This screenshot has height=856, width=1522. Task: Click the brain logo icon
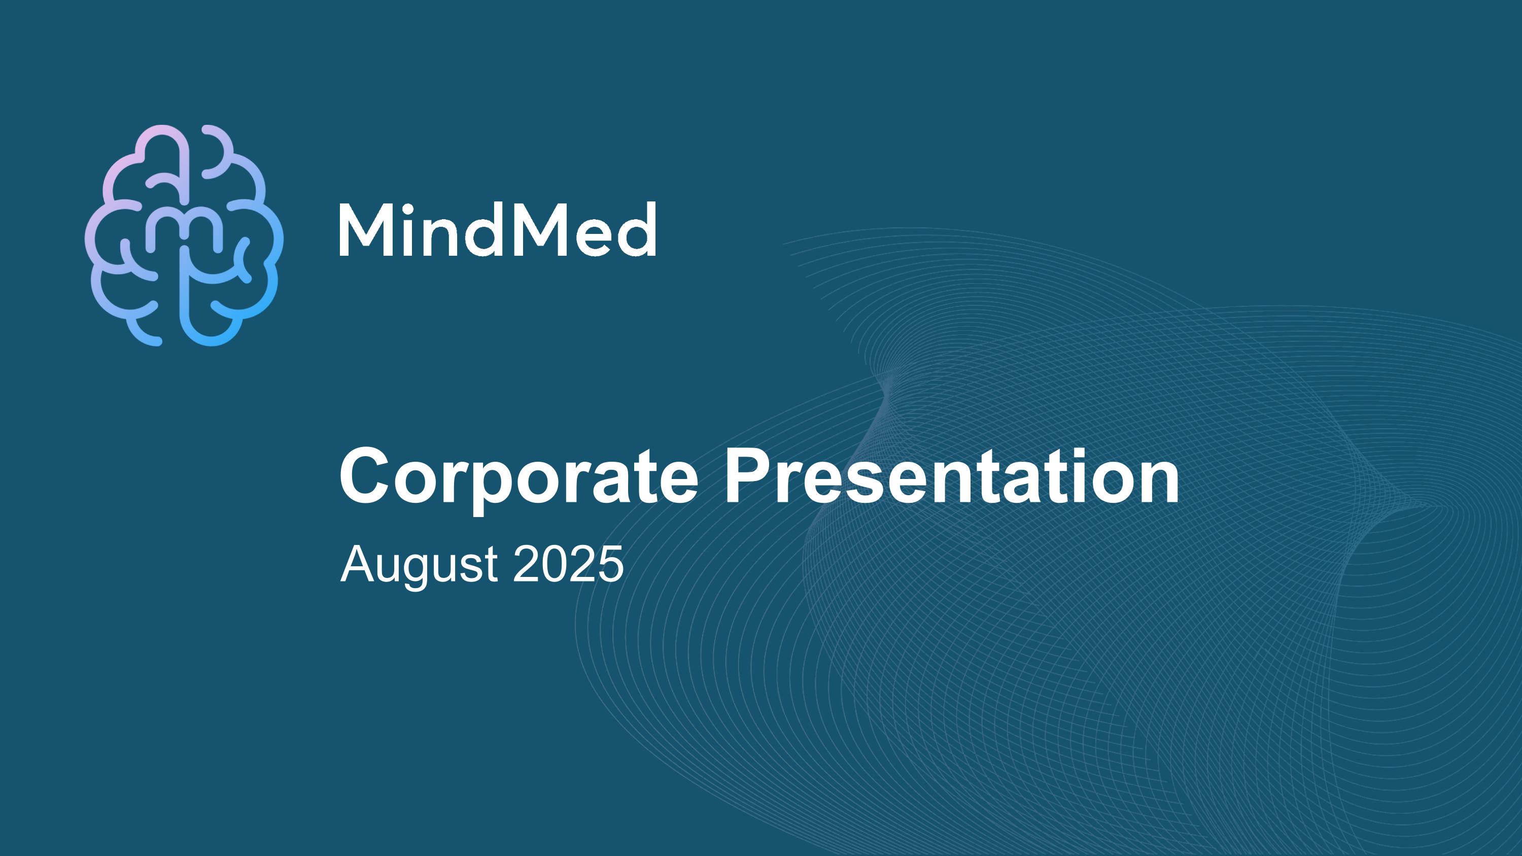pos(184,235)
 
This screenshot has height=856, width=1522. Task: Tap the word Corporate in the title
pos(518,477)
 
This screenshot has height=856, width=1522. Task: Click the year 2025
pos(568,564)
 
